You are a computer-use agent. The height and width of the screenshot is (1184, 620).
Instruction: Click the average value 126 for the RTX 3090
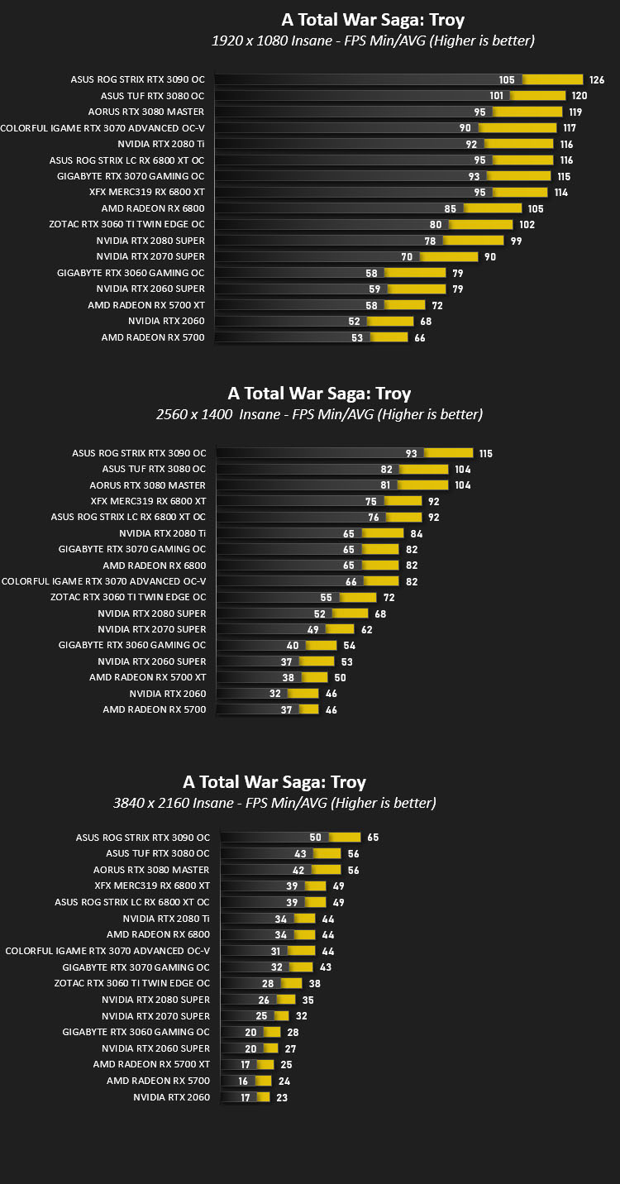[x=597, y=80]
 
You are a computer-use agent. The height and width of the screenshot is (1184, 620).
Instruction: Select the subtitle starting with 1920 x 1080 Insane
[x=373, y=41]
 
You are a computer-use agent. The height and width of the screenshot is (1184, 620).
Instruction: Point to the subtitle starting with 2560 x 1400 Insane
[x=319, y=414]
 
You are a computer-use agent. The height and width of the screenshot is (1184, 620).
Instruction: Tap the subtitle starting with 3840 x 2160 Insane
[x=274, y=803]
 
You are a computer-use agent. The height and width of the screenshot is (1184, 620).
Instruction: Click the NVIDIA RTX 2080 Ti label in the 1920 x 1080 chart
[x=160, y=144]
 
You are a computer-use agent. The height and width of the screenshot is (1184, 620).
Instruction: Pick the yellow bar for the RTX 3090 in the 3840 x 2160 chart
[x=345, y=838]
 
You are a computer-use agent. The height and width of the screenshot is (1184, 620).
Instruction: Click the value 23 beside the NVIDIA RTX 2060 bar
[x=282, y=1098]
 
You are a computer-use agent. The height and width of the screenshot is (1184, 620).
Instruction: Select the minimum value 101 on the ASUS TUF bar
[x=496, y=96]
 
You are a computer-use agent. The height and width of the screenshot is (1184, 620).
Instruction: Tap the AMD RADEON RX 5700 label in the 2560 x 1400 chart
[x=155, y=709]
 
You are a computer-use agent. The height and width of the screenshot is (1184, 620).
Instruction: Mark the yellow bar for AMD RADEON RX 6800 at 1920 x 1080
[x=493, y=208]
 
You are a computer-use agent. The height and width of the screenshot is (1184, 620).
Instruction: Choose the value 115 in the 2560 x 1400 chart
[x=486, y=454]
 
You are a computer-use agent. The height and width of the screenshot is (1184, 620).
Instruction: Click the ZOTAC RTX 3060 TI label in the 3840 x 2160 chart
[x=132, y=983]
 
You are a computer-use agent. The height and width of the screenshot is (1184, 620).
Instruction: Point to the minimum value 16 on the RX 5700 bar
[x=243, y=1081]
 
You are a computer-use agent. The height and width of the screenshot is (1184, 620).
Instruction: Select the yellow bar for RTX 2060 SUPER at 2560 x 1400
[x=317, y=661]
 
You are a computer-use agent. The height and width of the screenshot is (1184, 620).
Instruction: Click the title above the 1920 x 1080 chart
[x=373, y=20]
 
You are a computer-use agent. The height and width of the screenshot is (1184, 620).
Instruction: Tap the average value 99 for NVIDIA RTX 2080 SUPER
[x=517, y=241]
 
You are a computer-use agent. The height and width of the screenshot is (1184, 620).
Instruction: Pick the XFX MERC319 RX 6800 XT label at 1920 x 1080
[x=147, y=192]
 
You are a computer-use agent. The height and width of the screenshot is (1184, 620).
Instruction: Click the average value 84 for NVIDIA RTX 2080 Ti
[x=417, y=534]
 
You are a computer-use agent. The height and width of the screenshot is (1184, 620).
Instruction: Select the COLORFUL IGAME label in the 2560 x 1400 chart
[x=103, y=581]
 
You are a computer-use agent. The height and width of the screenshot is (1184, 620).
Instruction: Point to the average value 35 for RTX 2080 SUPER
[x=308, y=1000]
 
